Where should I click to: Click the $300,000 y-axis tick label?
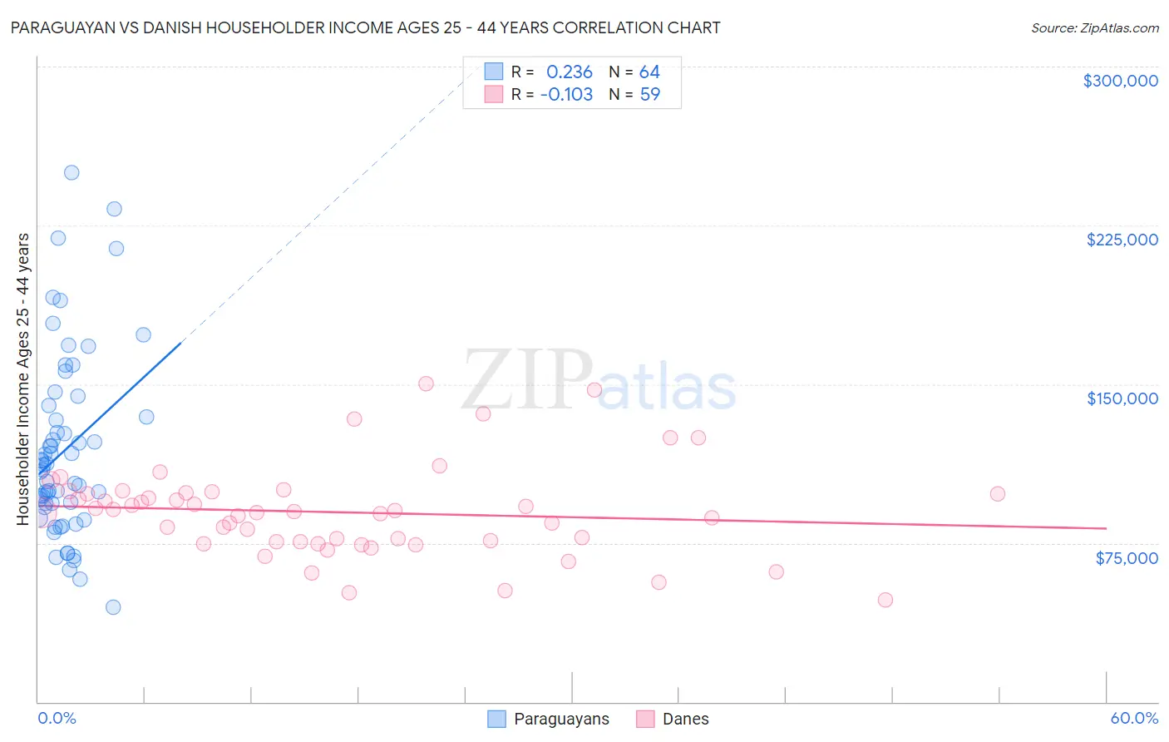point(1120,81)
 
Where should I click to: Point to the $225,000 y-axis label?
point(1122,240)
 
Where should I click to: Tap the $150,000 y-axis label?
point(1122,398)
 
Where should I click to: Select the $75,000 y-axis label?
point(1126,558)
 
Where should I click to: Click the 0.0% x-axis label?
point(57,718)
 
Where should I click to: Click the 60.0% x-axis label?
point(1133,718)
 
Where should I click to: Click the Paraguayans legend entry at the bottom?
point(561,719)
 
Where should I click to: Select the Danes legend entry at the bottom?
point(685,719)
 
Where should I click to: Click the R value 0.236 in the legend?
point(569,72)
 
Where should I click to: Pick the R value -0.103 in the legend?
point(566,95)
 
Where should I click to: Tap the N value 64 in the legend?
point(649,72)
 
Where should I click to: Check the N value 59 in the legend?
point(649,95)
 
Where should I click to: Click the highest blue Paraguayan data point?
point(72,173)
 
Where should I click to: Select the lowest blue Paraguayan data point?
point(113,607)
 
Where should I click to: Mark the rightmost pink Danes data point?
point(998,494)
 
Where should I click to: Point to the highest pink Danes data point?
point(426,383)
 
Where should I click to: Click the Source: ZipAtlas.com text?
point(1094,28)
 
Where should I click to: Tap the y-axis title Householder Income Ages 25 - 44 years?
point(23,379)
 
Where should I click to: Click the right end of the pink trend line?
point(1106,528)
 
